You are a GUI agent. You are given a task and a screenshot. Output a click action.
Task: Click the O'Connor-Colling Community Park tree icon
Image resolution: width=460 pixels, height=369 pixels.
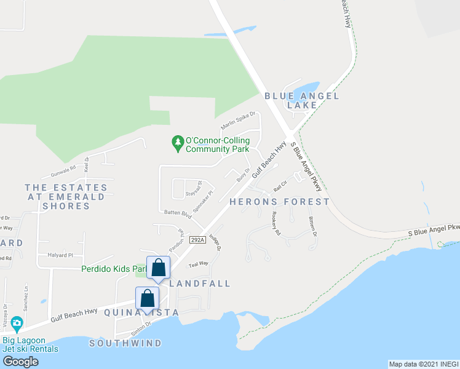tap(178, 143)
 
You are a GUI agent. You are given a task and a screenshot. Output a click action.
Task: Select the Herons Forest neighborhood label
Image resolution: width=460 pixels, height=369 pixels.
tap(279, 201)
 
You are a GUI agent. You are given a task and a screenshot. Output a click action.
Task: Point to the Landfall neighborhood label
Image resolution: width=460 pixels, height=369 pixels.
tap(200, 284)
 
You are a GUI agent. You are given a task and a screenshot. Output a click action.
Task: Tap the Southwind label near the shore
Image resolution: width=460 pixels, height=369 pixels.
tap(125, 343)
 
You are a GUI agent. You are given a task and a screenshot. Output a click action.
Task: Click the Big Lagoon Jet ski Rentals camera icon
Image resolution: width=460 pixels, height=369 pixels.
tap(17, 323)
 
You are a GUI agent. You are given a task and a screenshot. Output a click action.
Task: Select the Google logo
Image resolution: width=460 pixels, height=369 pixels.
tap(21, 361)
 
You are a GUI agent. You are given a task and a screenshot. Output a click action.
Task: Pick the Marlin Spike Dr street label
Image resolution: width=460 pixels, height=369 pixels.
tap(238, 120)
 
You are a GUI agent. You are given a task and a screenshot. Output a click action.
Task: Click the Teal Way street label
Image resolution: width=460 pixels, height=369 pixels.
tap(199, 264)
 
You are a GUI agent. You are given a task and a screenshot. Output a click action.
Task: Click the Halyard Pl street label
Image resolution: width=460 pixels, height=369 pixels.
tap(60, 255)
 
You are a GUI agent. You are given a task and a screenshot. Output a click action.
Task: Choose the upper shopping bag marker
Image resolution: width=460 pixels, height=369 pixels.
tap(158, 268)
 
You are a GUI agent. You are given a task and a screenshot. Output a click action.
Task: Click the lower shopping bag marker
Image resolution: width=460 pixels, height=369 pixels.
tap(148, 298)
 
